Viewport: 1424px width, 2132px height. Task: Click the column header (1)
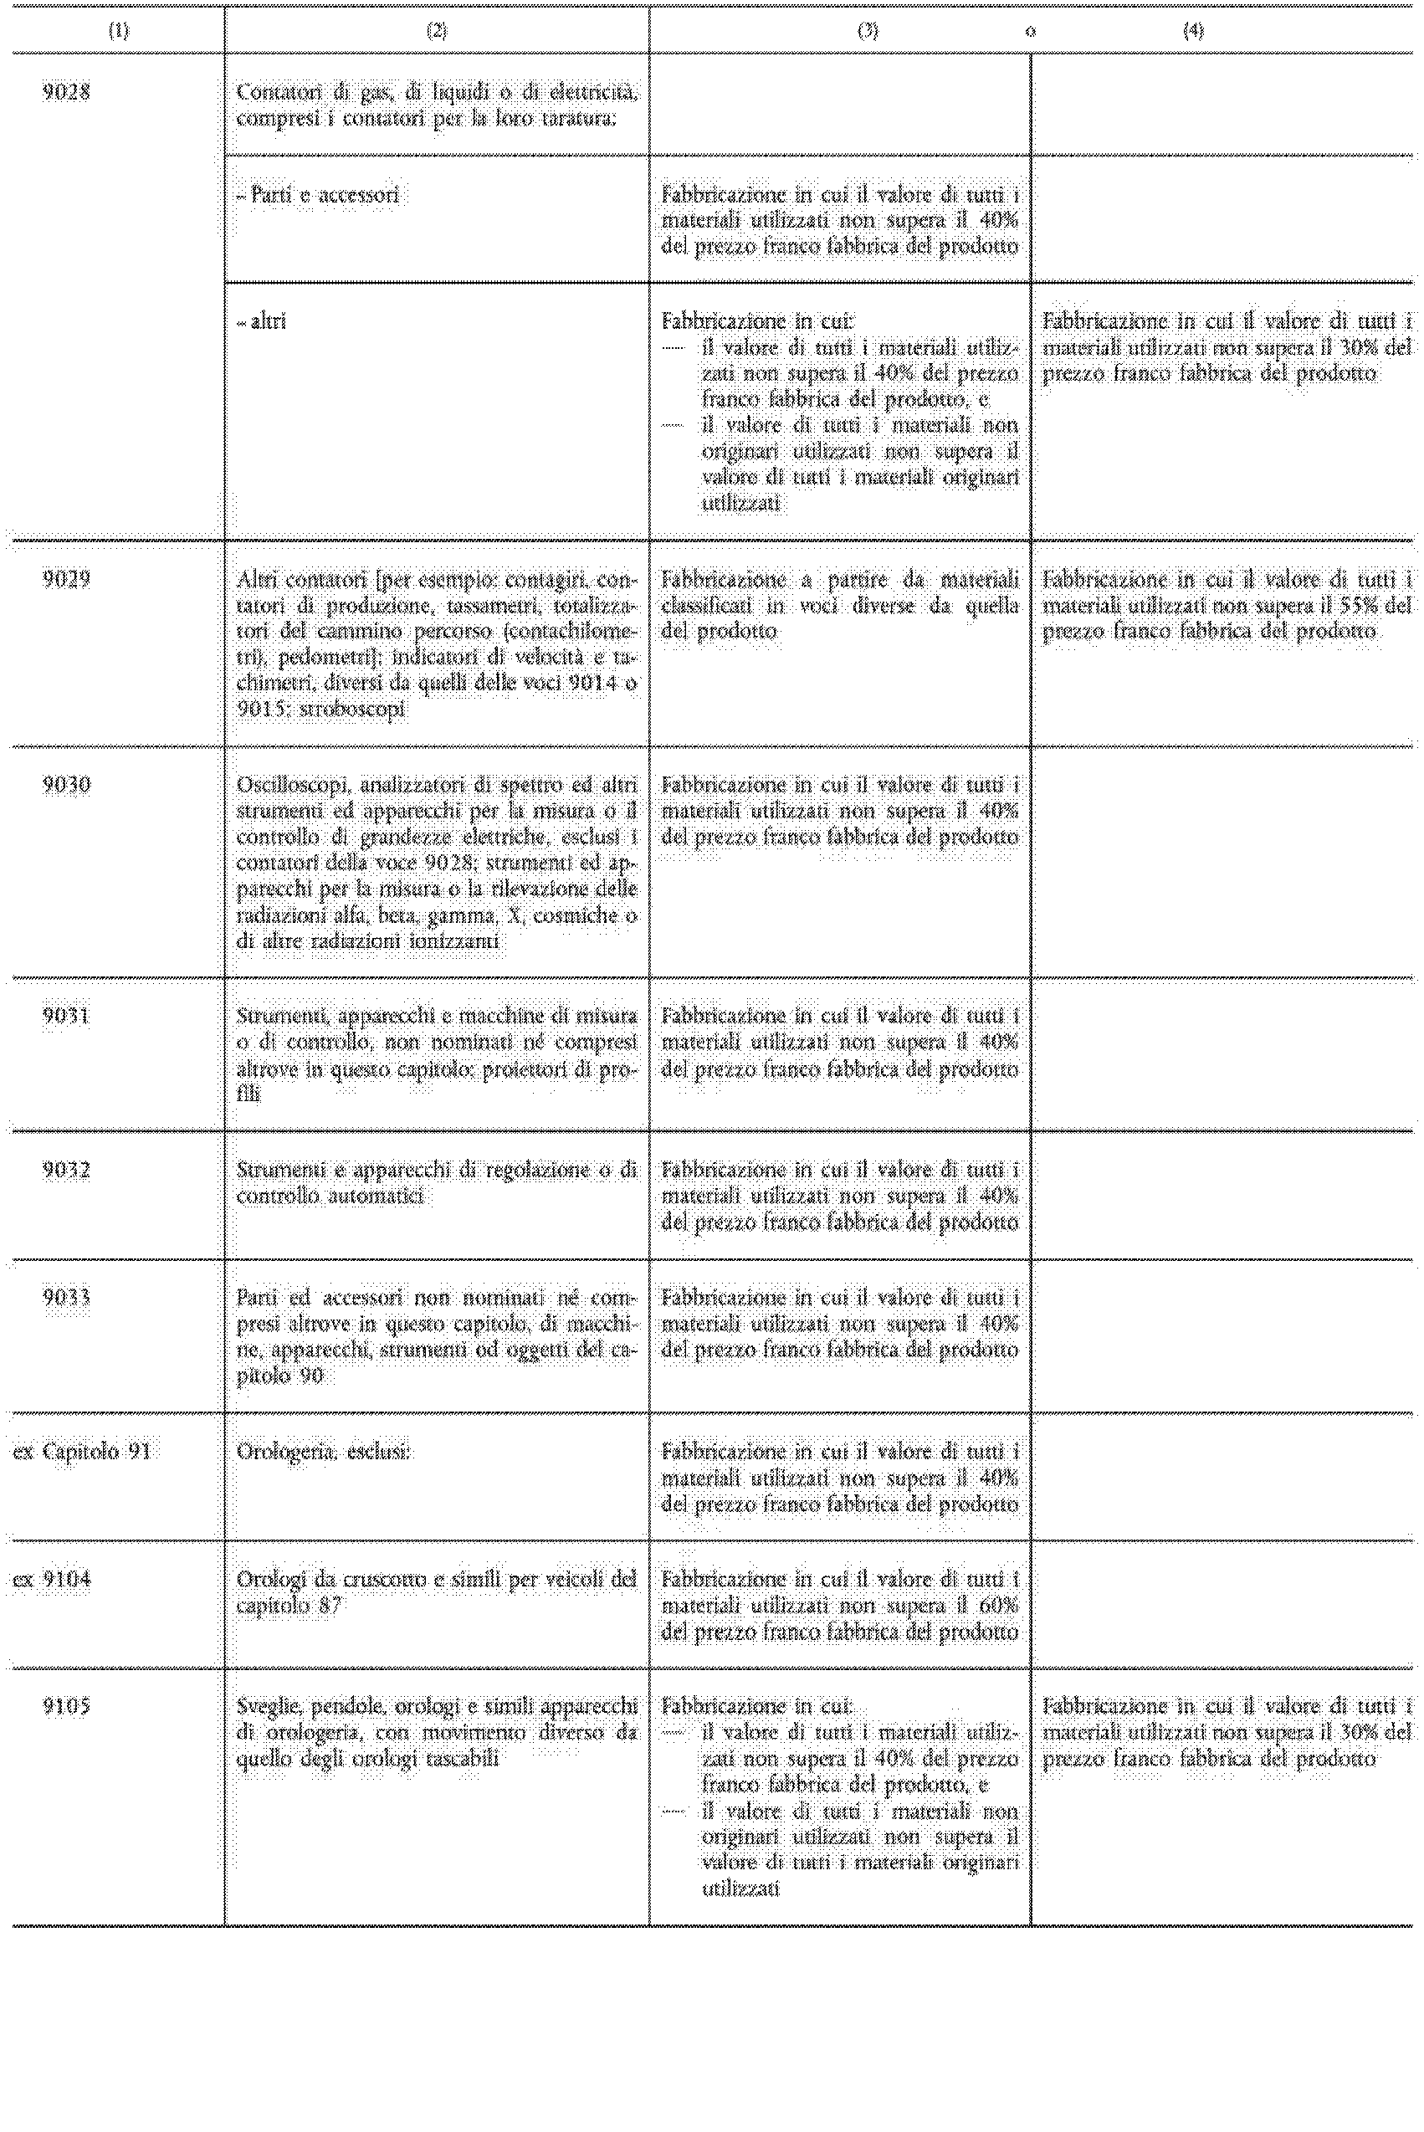click(118, 31)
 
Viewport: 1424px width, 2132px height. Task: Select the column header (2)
click(436, 31)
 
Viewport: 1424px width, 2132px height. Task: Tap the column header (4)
click(1192, 31)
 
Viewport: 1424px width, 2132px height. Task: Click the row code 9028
click(66, 92)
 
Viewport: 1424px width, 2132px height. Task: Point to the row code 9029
click(66, 578)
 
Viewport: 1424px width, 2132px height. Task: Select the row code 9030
click(66, 785)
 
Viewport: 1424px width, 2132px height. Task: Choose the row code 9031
click(66, 1015)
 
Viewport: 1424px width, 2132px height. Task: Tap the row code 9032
click(66, 1170)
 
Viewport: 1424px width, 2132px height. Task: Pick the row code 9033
click(66, 1298)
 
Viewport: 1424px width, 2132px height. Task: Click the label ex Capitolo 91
click(82, 1452)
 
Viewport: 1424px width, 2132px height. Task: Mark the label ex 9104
click(53, 1580)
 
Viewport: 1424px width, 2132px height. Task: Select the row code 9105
click(66, 1707)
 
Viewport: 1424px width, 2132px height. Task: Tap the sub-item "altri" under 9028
click(267, 320)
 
